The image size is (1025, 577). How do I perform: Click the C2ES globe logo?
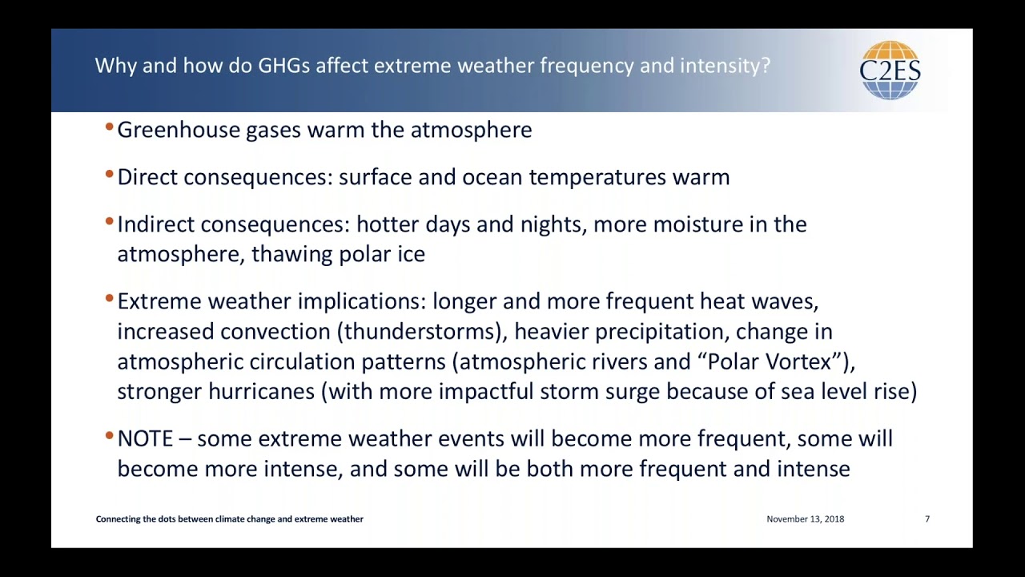click(890, 70)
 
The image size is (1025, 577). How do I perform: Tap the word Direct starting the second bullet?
click(147, 177)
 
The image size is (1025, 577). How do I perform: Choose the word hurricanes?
click(261, 392)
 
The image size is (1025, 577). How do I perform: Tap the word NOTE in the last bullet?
click(145, 439)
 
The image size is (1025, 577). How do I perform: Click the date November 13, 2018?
click(805, 519)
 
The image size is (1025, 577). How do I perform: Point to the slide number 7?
click(927, 519)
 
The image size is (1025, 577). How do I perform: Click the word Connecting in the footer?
click(118, 519)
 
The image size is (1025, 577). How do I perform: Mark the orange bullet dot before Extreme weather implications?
click(109, 299)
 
